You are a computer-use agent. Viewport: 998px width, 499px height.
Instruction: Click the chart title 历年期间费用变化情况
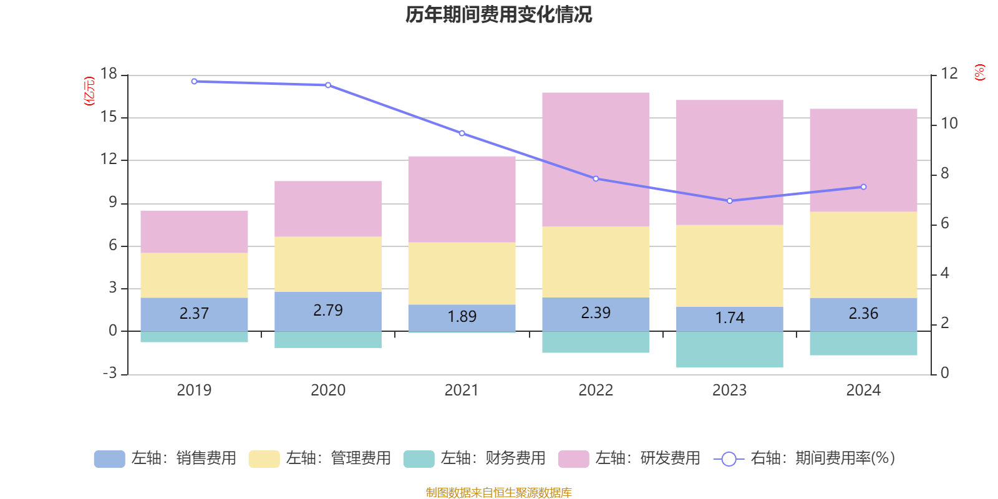[498, 14]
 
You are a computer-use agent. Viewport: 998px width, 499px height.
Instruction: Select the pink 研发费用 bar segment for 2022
[596, 159]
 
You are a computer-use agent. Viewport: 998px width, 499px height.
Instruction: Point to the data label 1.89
[462, 317]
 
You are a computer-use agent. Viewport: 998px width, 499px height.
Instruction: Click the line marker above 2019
[194, 82]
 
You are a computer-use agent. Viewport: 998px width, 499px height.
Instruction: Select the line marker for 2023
[730, 201]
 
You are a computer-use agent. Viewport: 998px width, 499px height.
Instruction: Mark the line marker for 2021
[462, 133]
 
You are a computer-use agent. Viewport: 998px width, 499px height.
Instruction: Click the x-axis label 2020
[328, 390]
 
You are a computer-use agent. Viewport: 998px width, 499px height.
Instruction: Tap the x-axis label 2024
[863, 390]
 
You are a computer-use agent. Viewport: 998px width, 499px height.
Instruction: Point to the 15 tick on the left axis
[109, 117]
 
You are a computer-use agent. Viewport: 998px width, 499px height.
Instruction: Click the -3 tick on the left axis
[109, 373]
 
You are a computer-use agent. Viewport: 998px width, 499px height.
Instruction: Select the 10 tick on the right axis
[949, 124]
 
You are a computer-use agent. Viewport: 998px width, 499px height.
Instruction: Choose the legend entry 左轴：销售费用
[165, 458]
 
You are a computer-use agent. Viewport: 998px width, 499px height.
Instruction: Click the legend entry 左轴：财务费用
[475, 458]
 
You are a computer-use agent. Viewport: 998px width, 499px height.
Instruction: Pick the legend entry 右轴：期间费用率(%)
[804, 458]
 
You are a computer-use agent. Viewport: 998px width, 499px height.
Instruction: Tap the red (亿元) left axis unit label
[89, 91]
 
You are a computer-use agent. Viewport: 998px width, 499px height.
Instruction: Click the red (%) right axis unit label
[979, 72]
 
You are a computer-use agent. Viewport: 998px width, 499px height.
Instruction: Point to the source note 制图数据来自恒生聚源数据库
[498, 493]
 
